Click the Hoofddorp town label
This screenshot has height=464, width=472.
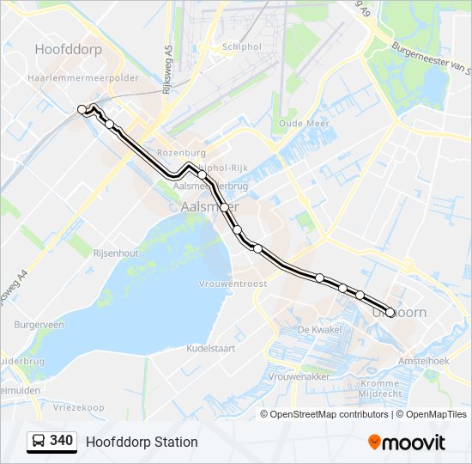coord(68,50)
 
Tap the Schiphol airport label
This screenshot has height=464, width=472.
coord(241,46)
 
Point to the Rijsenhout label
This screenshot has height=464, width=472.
coord(115,253)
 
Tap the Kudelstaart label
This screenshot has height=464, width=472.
coord(211,349)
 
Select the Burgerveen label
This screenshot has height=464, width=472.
coord(39,326)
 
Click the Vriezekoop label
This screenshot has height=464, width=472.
coord(77,407)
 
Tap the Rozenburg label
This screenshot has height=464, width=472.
coord(182,152)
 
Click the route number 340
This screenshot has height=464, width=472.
coord(61,441)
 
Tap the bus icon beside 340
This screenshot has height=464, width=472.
coord(39,442)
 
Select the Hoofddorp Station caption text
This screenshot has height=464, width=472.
coord(142,442)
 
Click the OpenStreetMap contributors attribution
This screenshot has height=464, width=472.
coord(328,414)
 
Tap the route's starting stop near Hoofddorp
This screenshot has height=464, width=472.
coord(82,109)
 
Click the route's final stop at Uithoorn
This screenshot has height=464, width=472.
coord(390,313)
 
